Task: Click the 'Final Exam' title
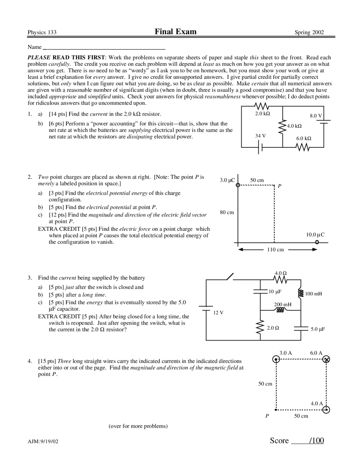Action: (x=175, y=32)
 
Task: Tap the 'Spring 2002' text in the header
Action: (x=309, y=32)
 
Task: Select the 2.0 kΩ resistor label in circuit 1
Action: (x=262, y=113)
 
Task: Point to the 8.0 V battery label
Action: (x=316, y=116)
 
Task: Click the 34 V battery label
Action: (x=260, y=136)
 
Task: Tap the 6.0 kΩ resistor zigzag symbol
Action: (x=303, y=147)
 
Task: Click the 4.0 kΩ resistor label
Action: (x=294, y=126)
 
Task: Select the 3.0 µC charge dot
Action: (x=238, y=185)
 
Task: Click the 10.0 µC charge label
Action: (x=315, y=234)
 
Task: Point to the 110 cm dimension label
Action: (x=275, y=250)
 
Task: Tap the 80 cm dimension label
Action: (x=227, y=212)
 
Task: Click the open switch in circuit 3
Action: (x=230, y=277)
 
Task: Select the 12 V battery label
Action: (x=218, y=313)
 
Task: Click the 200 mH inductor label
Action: (x=283, y=304)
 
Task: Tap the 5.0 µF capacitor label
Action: (x=318, y=329)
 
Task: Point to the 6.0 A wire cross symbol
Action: (x=326, y=359)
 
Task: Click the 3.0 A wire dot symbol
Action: (x=276, y=359)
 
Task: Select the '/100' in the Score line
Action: (x=316, y=440)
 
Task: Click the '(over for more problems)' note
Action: (x=138, y=426)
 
